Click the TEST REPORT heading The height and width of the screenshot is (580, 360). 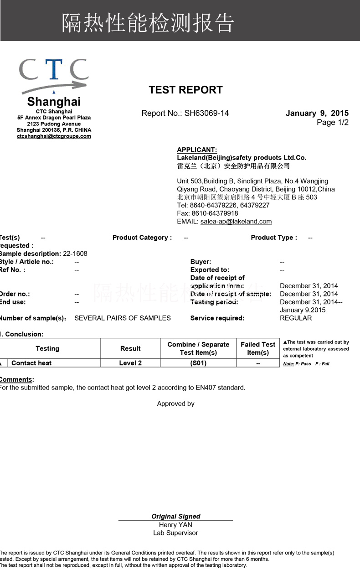[185, 90]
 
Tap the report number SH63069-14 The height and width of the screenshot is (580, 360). [206, 113]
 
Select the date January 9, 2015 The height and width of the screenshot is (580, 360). [317, 113]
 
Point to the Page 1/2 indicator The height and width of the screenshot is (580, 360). [333, 122]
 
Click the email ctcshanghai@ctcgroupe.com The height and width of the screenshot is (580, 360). [54, 136]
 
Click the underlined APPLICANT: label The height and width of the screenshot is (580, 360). [197, 150]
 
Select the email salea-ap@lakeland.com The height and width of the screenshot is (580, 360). [236, 222]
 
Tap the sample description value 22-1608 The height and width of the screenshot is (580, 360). [75, 254]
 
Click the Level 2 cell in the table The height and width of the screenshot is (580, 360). [130, 363]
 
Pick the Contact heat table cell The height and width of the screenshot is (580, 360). [31, 363]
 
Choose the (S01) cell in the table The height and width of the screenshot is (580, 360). [198, 363]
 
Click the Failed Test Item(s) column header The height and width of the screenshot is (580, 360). [258, 348]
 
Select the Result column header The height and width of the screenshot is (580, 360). [130, 348]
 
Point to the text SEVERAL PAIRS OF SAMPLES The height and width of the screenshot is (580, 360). [123, 318]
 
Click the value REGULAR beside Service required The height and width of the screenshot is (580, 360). [296, 318]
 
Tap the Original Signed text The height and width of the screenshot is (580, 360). [176, 516]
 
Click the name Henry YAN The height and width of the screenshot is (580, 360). [175, 525]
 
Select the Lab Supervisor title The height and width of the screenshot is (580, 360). [175, 533]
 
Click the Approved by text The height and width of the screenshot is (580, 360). [175, 404]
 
